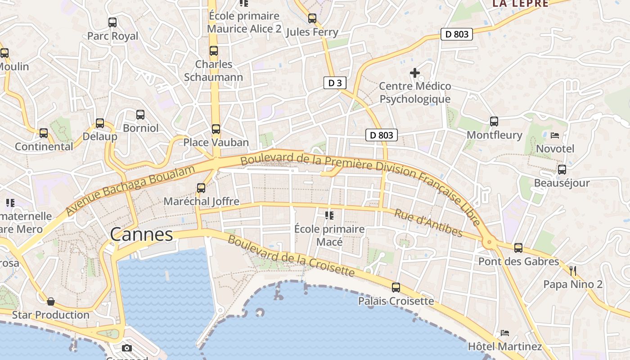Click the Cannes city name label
(x=141, y=234)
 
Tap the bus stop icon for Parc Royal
(x=112, y=22)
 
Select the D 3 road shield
(x=335, y=83)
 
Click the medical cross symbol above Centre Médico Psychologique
(x=415, y=72)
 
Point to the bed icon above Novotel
(x=555, y=135)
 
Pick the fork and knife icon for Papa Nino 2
(x=573, y=270)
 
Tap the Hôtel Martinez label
(x=505, y=346)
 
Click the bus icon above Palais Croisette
(x=396, y=287)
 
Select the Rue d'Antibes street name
(x=428, y=223)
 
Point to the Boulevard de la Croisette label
(x=291, y=255)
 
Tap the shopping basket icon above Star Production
(x=51, y=301)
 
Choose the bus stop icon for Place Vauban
(x=216, y=129)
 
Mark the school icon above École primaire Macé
(x=329, y=216)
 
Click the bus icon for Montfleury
(x=494, y=121)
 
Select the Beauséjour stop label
(x=562, y=183)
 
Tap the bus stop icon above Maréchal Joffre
(x=201, y=188)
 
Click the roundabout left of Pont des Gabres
(x=490, y=243)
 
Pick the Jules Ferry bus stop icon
(x=312, y=18)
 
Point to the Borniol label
(x=140, y=128)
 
